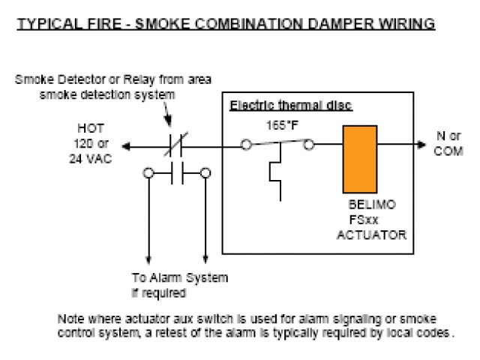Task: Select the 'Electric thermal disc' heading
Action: (290, 106)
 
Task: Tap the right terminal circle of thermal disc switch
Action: (308, 146)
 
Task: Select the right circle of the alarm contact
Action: (205, 173)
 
